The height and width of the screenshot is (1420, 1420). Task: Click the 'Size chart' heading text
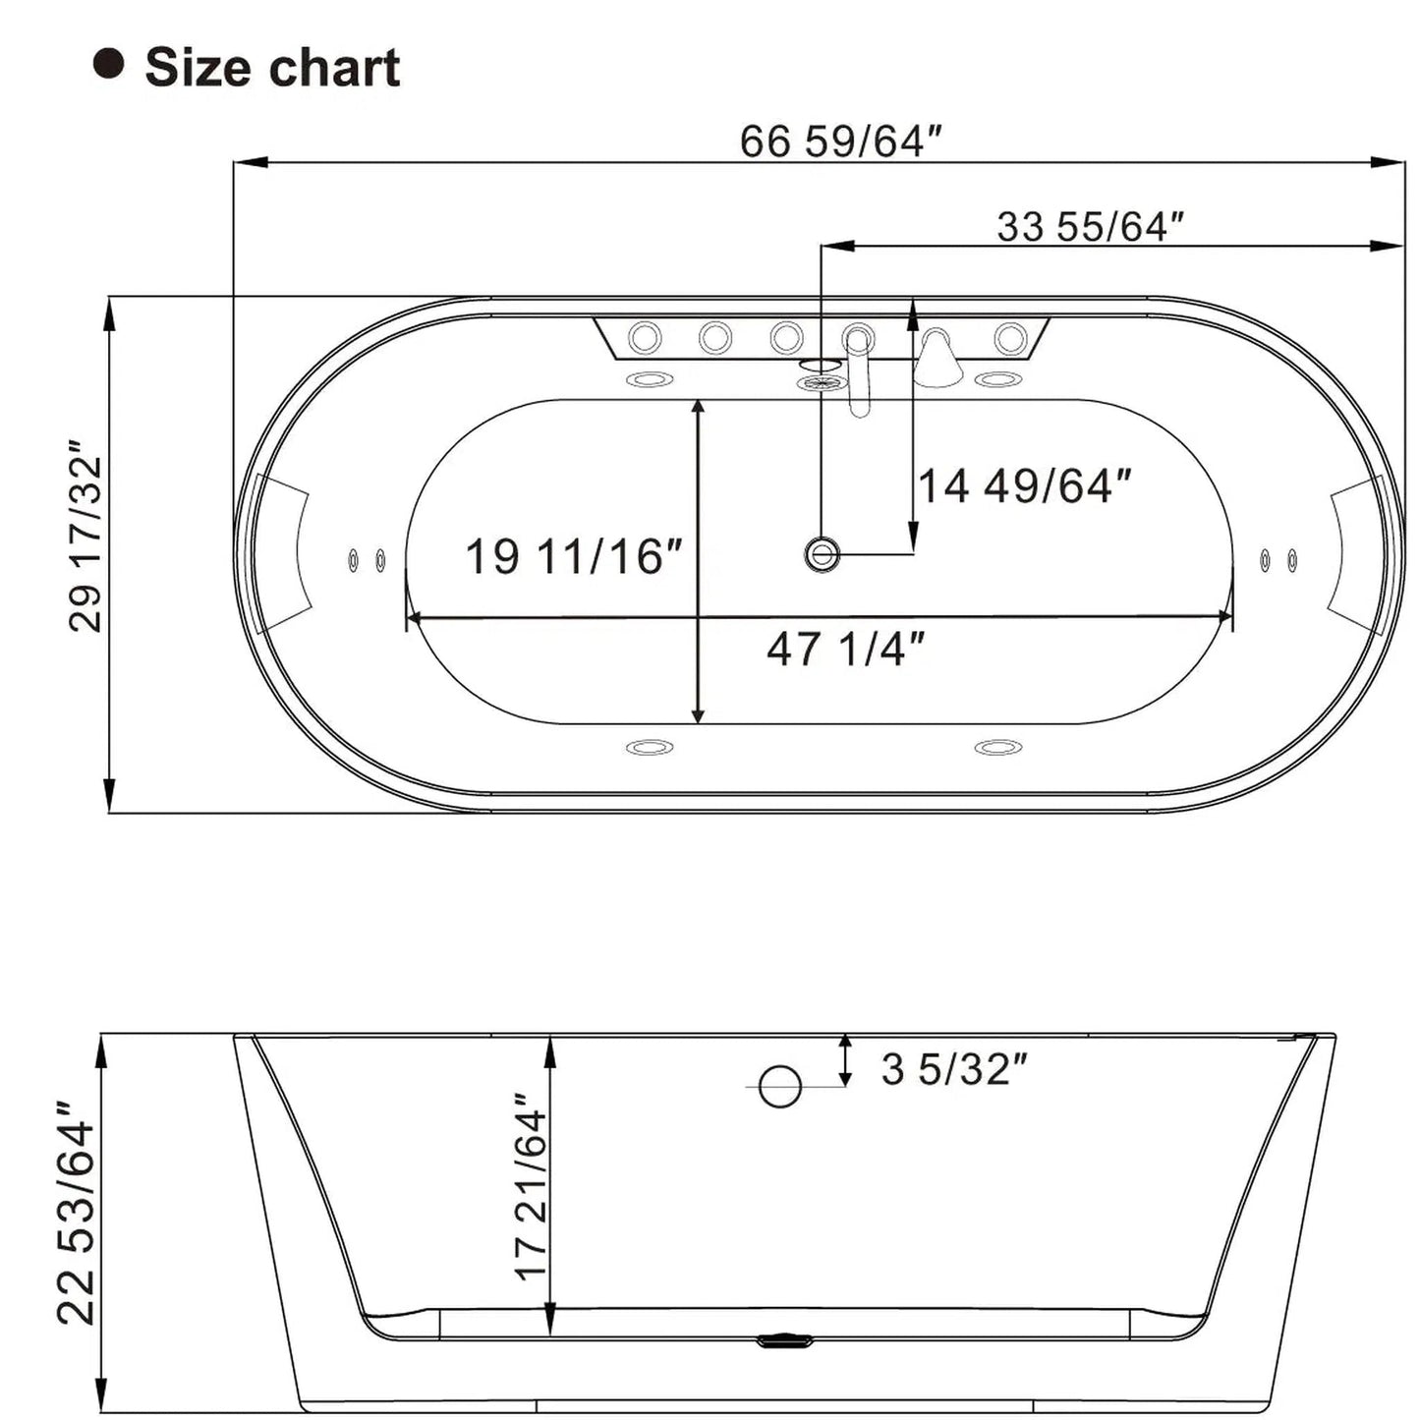tap(272, 68)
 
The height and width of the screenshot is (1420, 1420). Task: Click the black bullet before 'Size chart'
tap(108, 65)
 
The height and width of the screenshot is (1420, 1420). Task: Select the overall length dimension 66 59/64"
tap(840, 142)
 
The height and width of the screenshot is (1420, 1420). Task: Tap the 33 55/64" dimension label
tap(1090, 226)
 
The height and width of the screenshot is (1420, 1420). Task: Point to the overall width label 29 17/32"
tap(86, 541)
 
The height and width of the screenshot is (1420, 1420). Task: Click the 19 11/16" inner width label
tap(573, 556)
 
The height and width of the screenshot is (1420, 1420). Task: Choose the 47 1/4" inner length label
tap(845, 649)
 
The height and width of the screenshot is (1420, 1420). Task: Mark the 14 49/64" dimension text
tap(1024, 485)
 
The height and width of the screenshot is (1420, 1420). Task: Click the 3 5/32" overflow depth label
tap(953, 1069)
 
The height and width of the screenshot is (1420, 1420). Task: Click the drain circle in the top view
tap(822, 554)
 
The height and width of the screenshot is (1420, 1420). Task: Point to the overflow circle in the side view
tap(780, 1086)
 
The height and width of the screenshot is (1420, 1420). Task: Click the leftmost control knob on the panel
tap(645, 338)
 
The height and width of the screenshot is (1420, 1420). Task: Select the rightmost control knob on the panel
tap(1010, 338)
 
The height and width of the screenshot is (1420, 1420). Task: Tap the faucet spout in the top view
tap(859, 373)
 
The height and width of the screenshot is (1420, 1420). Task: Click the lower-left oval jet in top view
tap(650, 748)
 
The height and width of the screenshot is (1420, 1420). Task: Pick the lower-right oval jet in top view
tap(998, 748)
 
